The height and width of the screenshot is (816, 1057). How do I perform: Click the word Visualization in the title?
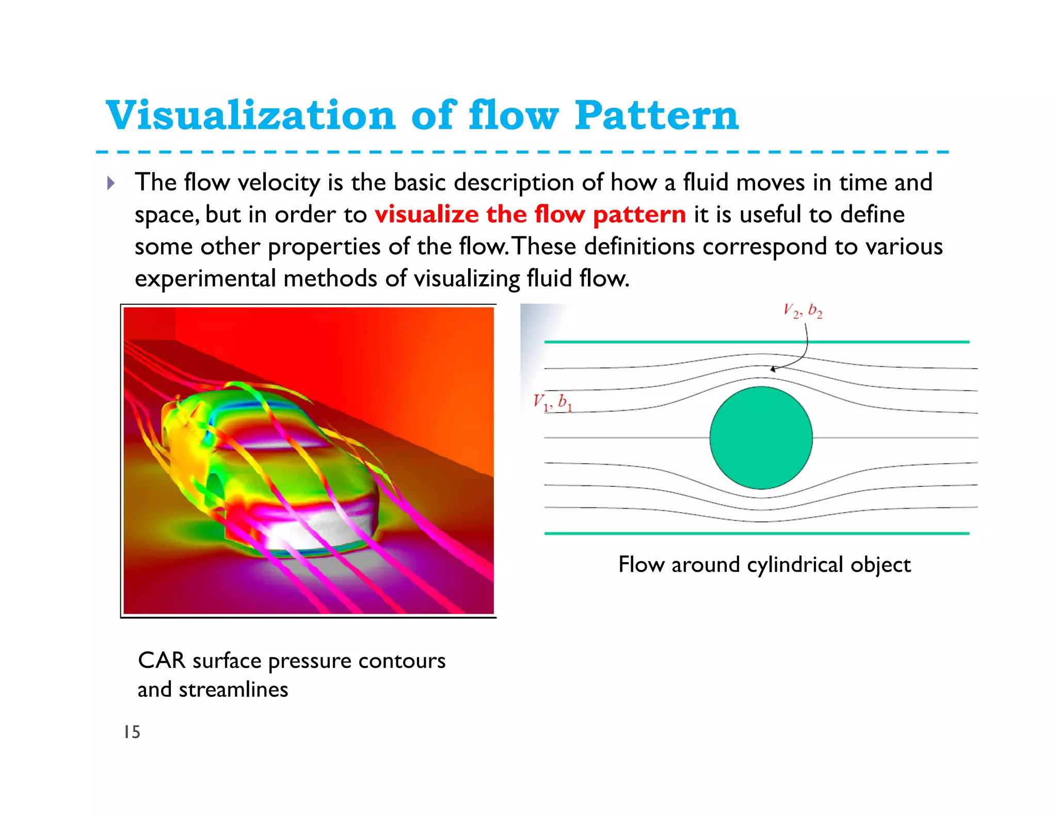tap(250, 116)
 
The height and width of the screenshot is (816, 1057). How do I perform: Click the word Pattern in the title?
tap(656, 116)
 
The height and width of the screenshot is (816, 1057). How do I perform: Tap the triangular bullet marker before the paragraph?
tap(110, 183)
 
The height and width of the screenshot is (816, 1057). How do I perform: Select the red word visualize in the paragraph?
tap(426, 215)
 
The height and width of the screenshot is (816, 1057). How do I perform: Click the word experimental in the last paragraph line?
tap(205, 279)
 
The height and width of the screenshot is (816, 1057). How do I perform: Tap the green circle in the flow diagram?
tap(761, 437)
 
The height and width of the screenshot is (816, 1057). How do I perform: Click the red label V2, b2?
tap(803, 311)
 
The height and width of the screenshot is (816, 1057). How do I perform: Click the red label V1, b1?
tap(552, 402)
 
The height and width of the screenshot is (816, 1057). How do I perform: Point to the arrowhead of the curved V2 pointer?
tap(773, 369)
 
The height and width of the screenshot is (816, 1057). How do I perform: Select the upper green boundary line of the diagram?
tap(757, 341)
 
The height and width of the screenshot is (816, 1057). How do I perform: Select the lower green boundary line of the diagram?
tap(757, 533)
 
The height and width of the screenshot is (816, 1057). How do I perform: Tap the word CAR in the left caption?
tap(161, 661)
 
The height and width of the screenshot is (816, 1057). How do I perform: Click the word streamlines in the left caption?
tap(233, 690)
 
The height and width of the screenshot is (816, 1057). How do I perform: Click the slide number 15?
tap(132, 732)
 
